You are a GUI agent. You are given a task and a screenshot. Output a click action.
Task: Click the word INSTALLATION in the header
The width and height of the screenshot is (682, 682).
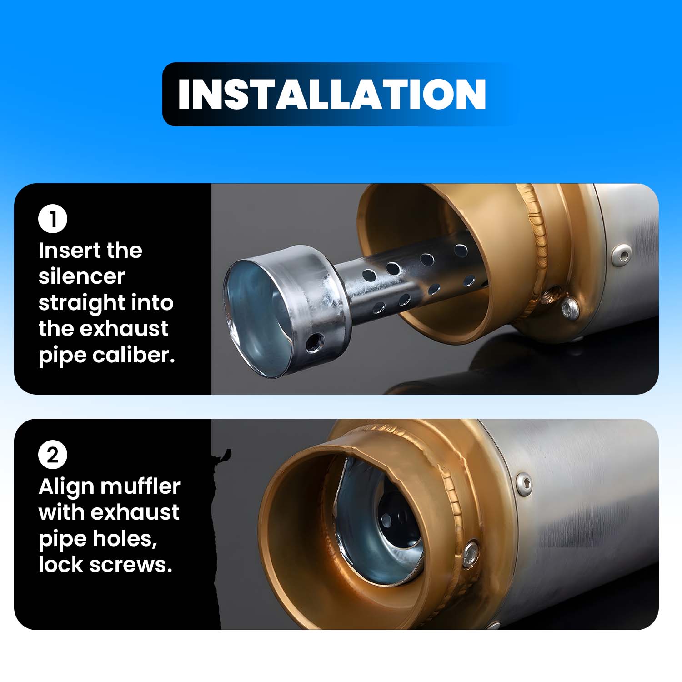click(332, 94)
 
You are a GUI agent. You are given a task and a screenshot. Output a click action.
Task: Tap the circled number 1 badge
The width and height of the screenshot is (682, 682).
click(53, 219)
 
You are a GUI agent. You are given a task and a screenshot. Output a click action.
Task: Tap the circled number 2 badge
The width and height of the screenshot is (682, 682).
click(53, 455)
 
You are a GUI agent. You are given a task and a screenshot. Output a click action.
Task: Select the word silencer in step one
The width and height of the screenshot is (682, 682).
click(82, 276)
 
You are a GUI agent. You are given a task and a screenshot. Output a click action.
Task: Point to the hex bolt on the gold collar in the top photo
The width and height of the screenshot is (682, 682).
click(570, 308)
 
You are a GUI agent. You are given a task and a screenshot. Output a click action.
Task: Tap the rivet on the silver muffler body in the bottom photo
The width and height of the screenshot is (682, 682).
click(524, 483)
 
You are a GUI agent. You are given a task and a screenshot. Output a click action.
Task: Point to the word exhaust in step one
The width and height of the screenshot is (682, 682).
click(124, 329)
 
